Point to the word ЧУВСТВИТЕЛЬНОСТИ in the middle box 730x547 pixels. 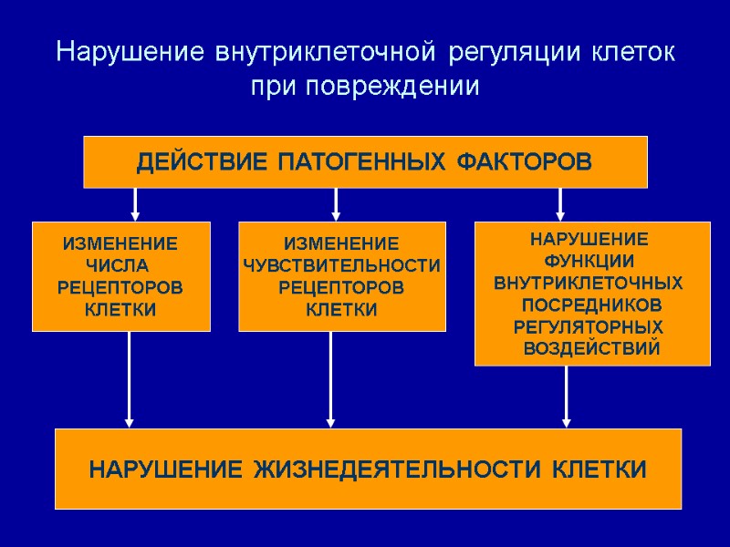342,266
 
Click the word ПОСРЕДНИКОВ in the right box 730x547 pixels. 591,304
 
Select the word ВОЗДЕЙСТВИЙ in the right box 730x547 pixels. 591,348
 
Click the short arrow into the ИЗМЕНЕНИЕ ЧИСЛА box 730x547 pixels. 136,203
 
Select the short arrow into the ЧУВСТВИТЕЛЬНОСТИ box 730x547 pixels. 336,203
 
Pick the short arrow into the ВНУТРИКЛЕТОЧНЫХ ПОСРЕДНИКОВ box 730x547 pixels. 560,203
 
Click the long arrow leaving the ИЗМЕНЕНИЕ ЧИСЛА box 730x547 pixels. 130,378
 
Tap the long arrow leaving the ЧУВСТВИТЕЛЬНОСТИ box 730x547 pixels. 330,378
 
